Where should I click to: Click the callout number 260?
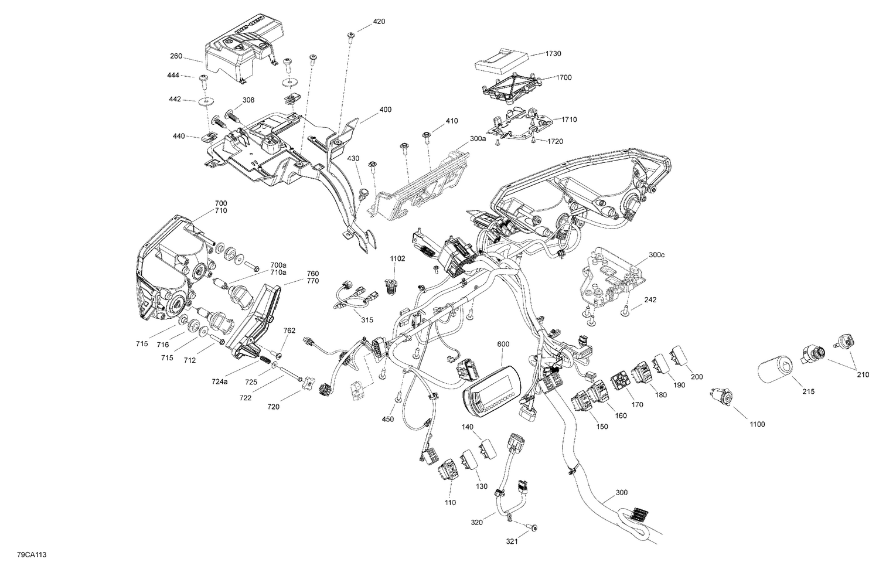(176, 57)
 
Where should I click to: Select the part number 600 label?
(504, 344)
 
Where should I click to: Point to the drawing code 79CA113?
(29, 554)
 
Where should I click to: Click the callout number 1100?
(757, 424)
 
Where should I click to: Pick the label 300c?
(641, 255)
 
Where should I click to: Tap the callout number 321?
(512, 541)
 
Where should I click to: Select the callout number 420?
(379, 22)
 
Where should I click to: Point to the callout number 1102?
(398, 258)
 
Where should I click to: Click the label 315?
(367, 319)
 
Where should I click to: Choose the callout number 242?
(650, 300)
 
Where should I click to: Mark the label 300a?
(478, 139)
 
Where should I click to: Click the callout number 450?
(388, 419)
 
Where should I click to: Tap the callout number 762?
(289, 331)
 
